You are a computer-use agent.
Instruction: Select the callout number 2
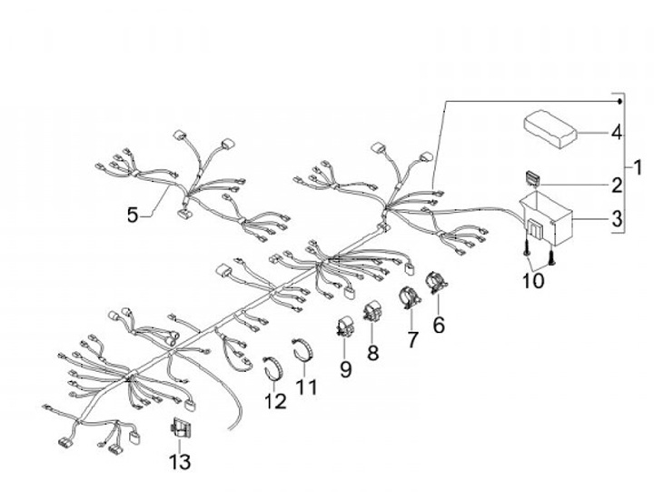pos(617,186)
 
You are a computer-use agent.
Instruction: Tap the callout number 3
pos(617,219)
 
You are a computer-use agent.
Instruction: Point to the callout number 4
pos(617,133)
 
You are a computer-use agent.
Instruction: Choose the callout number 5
pos(134,216)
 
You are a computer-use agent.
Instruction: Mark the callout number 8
pos(372,351)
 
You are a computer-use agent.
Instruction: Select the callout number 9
pos(345,368)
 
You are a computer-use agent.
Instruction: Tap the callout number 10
pos(533,280)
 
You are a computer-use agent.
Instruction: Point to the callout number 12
pos(275,401)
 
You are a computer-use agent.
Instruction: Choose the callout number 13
pos(181,462)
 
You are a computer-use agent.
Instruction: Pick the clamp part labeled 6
pos(436,281)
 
